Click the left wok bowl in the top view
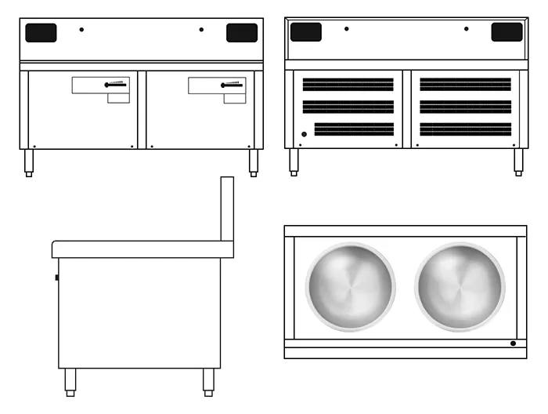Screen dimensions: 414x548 click(350, 286)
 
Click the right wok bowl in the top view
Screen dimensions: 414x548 click(460, 286)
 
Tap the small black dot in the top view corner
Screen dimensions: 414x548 click(513, 343)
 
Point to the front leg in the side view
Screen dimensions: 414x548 click(70, 381)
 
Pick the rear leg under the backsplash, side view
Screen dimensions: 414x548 click(208, 381)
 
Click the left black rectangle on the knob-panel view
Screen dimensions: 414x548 click(41, 33)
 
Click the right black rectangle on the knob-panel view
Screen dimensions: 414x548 click(242, 33)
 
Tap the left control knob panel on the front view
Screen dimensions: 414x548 click(101, 85)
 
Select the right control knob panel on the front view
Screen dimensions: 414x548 click(217, 85)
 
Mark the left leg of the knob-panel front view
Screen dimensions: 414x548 click(29, 162)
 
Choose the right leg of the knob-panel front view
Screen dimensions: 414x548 click(253, 162)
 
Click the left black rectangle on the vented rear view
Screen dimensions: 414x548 click(305, 32)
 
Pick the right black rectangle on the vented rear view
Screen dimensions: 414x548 click(507, 32)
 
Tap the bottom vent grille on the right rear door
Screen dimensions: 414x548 click(465, 129)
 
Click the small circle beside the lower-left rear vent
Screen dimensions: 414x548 click(305, 134)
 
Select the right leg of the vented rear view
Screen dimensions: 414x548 click(517, 162)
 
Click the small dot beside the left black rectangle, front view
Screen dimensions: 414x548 click(81, 30)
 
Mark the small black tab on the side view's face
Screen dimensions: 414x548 click(56, 277)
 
